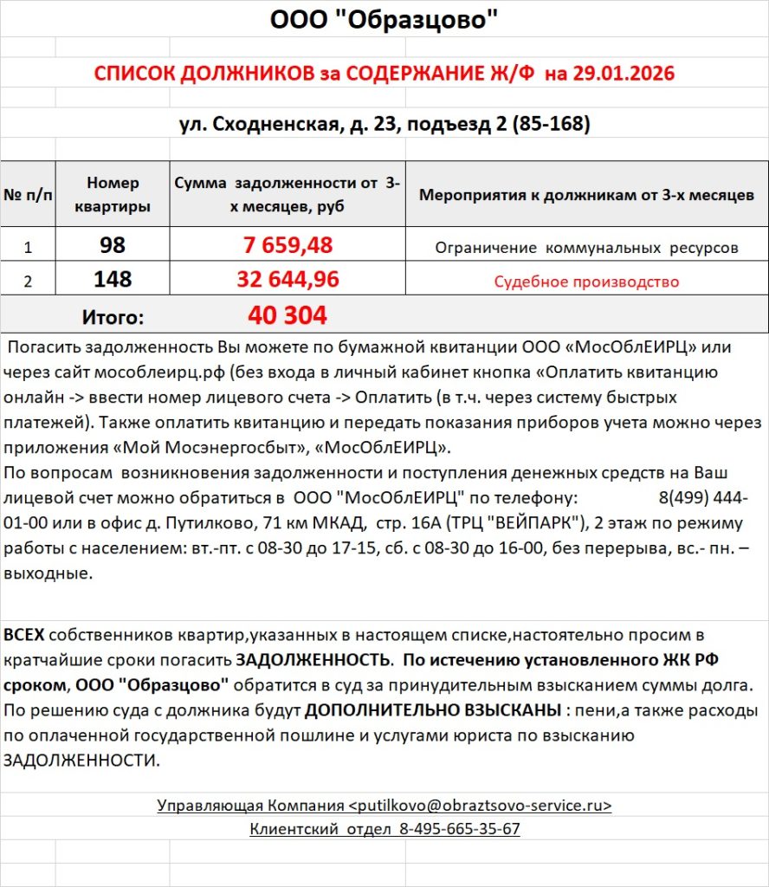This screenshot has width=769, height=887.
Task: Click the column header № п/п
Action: pos(28,195)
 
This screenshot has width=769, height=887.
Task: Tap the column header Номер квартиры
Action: pos(113,195)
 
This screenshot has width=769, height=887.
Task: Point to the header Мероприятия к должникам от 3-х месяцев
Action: pos(586,195)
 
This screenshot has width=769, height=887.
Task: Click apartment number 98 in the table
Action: pos(113,246)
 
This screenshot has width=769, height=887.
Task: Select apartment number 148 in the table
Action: pos(113,280)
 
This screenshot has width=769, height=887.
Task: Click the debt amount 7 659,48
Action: pos(288,246)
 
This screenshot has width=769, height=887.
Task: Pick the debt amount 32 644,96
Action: pos(288,280)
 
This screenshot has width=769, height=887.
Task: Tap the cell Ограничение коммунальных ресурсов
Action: pos(586,248)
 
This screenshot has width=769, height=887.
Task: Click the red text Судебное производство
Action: pos(586,282)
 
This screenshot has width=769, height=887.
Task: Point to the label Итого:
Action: pos(113,317)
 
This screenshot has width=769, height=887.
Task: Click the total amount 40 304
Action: pos(288,316)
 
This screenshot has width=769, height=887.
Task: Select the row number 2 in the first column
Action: pos(28,281)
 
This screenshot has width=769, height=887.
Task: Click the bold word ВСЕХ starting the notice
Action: pos(23,635)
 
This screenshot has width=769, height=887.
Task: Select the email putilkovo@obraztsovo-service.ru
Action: pos(480,806)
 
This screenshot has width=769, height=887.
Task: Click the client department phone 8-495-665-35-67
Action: pos(459,829)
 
